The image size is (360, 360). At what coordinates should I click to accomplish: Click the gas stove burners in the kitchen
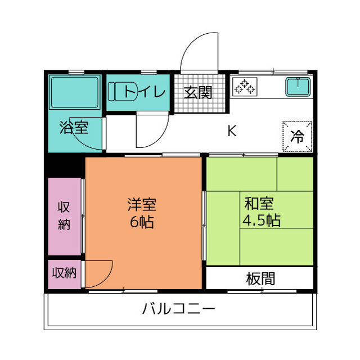pyautogui.click(x=245, y=87)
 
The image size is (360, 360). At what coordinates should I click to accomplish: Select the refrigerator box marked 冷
pyautogui.click(x=296, y=136)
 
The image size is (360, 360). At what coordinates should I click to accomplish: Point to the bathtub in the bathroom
pyautogui.click(x=75, y=92)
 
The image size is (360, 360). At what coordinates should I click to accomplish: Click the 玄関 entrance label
pyautogui.click(x=200, y=92)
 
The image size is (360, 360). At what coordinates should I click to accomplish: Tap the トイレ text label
pyautogui.click(x=145, y=91)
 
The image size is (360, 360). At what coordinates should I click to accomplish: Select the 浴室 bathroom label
pyautogui.click(x=74, y=127)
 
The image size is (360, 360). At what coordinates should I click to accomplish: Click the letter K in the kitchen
pyautogui.click(x=231, y=131)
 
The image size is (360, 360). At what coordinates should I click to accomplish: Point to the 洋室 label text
pyautogui.click(x=142, y=204)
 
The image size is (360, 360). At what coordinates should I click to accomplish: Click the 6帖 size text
pyautogui.click(x=142, y=222)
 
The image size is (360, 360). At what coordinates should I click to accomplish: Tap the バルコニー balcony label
pyautogui.click(x=178, y=309)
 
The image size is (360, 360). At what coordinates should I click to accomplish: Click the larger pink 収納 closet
pyautogui.click(x=64, y=217)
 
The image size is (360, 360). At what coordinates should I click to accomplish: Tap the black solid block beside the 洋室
pyautogui.click(x=65, y=165)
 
